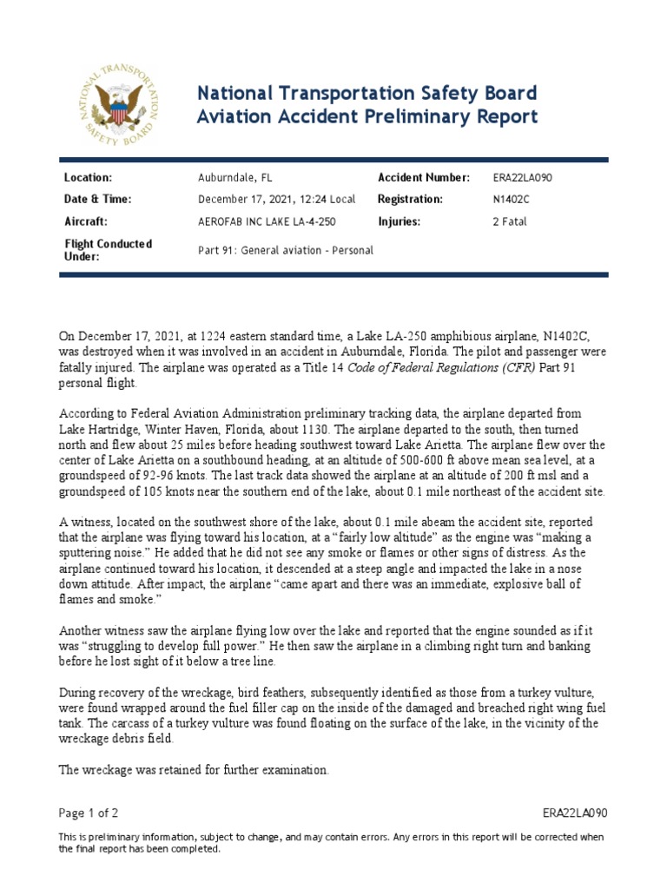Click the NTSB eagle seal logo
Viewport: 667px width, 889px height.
pyautogui.click(x=115, y=104)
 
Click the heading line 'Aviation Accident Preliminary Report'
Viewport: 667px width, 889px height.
pyautogui.click(x=367, y=116)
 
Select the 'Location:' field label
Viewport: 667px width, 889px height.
pyautogui.click(x=89, y=178)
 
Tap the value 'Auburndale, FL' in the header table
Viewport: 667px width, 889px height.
pyautogui.click(x=235, y=178)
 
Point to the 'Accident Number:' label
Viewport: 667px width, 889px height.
pyautogui.click(x=424, y=178)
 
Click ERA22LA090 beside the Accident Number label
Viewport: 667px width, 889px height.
pyautogui.click(x=522, y=178)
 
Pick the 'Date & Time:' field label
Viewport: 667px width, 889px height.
pyautogui.click(x=97, y=200)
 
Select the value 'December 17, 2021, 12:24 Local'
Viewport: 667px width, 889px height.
pyautogui.click(x=276, y=200)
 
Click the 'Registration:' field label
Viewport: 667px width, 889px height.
pyautogui.click(x=410, y=200)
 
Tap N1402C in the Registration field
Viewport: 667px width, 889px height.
pyautogui.click(x=510, y=200)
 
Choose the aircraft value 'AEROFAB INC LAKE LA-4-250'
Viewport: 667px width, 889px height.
pyautogui.click(x=265, y=221)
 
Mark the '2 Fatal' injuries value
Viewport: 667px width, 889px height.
pyautogui.click(x=509, y=221)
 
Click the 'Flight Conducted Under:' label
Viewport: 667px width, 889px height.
pyautogui.click(x=108, y=250)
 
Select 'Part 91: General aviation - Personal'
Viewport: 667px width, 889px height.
pyautogui.click(x=286, y=250)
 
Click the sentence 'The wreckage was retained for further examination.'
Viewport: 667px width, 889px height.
pyautogui.click(x=194, y=769)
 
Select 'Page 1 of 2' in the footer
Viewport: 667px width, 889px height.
pyautogui.click(x=88, y=813)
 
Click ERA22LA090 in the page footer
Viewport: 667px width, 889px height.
pyautogui.click(x=574, y=813)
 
